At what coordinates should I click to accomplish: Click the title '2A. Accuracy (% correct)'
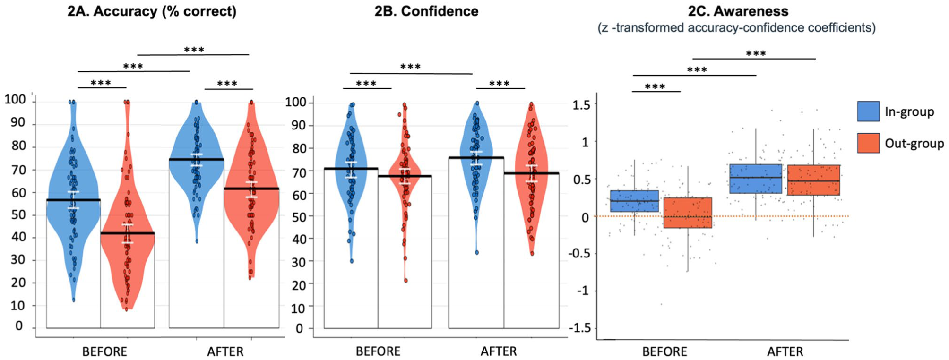pyautogui.click(x=152, y=11)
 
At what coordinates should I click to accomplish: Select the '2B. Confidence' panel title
pyautogui.click(x=426, y=11)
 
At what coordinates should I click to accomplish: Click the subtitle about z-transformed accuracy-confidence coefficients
pyautogui.click(x=737, y=28)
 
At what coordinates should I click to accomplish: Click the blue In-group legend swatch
pyautogui.click(x=868, y=111)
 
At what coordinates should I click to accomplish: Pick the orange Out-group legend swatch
pyautogui.click(x=868, y=143)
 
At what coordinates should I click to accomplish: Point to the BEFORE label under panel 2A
pyautogui.click(x=104, y=352)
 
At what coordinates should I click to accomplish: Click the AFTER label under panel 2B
pyautogui.click(x=499, y=352)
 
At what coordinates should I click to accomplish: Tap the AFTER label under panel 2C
pyautogui.click(x=785, y=352)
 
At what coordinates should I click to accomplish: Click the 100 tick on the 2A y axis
pyautogui.click(x=15, y=100)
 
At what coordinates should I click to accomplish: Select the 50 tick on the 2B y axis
pyautogui.click(x=300, y=217)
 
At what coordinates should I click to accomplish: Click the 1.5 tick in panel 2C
pyautogui.click(x=581, y=104)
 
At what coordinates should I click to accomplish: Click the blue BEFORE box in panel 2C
pyautogui.click(x=634, y=201)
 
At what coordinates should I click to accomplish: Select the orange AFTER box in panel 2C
pyautogui.click(x=813, y=180)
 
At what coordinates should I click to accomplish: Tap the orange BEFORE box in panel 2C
pyautogui.click(x=688, y=213)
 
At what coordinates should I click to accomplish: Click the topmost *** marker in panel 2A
pyautogui.click(x=194, y=50)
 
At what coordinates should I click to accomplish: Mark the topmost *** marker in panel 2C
pyautogui.click(x=756, y=53)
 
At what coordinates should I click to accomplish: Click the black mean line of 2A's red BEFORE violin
pyautogui.click(x=128, y=233)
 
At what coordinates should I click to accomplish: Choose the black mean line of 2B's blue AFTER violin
pyautogui.click(x=476, y=157)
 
